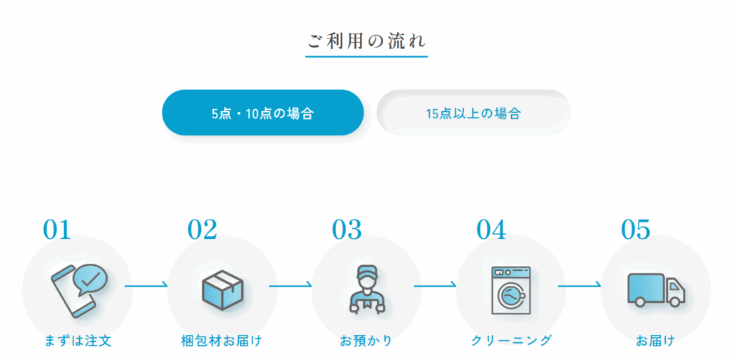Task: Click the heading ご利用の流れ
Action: pos(366,41)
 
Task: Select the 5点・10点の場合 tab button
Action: pos(262,113)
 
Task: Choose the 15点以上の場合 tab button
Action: pos(473,113)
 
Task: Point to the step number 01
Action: pos(57,229)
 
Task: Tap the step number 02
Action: pos(202,229)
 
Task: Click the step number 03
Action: pos(346,229)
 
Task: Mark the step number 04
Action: pos(490,229)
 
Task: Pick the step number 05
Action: pos(635,229)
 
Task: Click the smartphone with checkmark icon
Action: pos(78,291)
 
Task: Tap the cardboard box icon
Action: pos(222,289)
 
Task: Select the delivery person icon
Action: pos(366,289)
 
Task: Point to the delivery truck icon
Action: pos(657,289)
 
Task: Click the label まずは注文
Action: pos(78,341)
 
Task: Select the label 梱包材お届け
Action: pos(222,341)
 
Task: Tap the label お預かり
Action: pos(366,341)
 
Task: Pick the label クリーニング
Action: pos(511,341)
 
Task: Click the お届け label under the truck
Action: pos(656,341)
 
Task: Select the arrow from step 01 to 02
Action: pos(145,285)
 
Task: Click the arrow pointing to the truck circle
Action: pos(580,285)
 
